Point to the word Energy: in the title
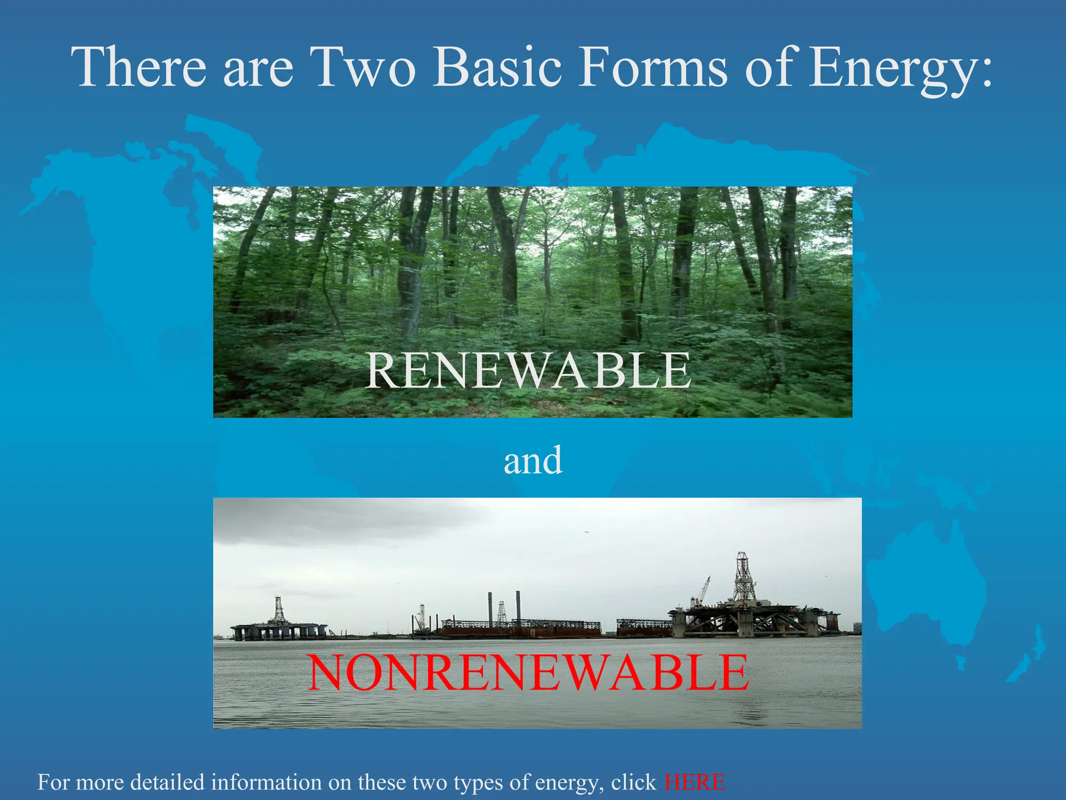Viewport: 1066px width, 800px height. [x=900, y=70]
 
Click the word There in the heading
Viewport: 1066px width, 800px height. [x=141, y=68]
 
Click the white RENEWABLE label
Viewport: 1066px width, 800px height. [x=528, y=371]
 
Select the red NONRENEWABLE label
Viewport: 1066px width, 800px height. [x=528, y=673]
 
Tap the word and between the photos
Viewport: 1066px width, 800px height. [x=533, y=461]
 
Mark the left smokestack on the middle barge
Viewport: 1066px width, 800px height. [x=490, y=607]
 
